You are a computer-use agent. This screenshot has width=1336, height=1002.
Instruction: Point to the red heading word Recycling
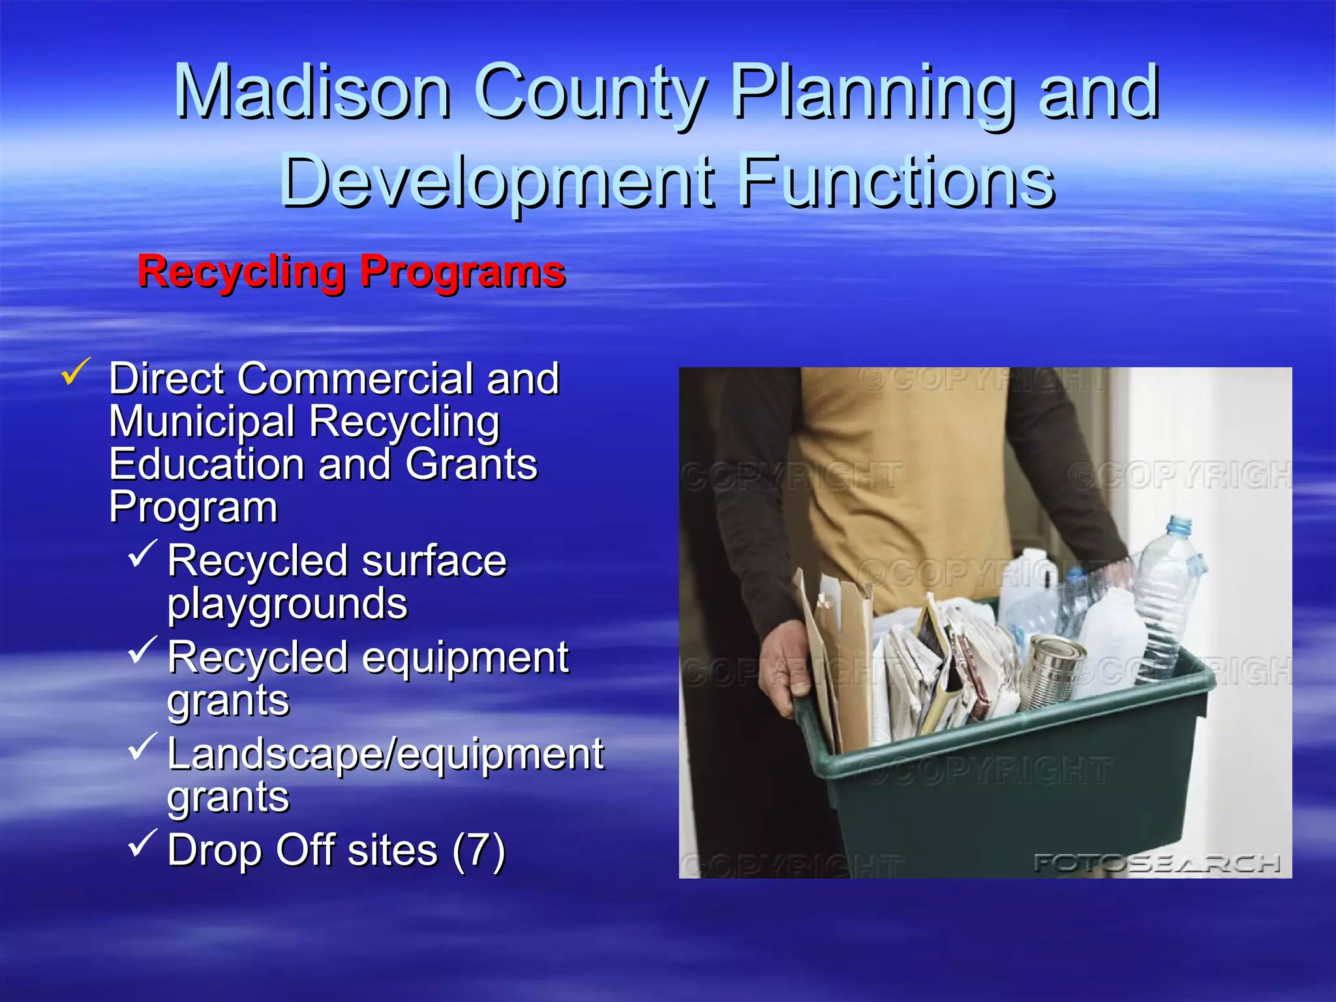[x=241, y=272]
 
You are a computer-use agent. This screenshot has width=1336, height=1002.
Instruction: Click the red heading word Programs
[x=463, y=272]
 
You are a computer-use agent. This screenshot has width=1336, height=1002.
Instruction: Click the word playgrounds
[x=288, y=604]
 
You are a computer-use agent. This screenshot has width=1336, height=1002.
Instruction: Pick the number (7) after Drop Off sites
[x=479, y=851]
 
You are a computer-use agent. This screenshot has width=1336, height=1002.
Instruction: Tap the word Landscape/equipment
[x=386, y=754]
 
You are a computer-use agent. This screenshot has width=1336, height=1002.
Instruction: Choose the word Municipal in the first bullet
[x=202, y=421]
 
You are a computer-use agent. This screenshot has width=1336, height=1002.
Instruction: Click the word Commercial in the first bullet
[x=356, y=378]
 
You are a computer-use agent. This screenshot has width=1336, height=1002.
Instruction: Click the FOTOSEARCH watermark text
[x=1157, y=863]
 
